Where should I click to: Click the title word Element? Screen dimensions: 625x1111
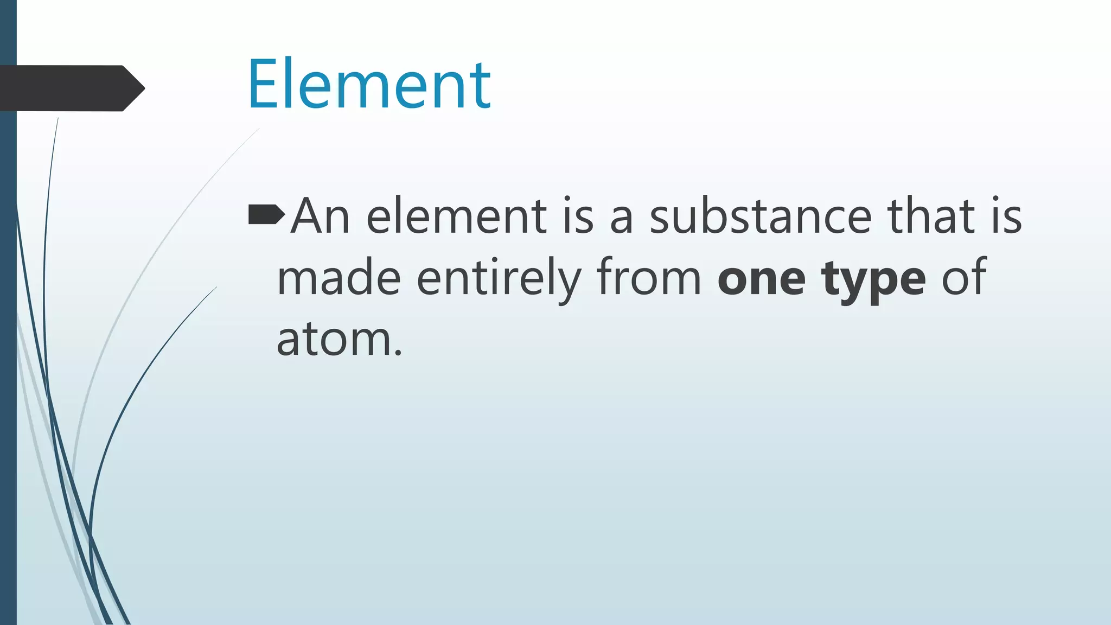369,85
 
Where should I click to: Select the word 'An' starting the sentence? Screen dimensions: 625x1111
320,216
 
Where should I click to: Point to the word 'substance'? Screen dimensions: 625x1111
760,216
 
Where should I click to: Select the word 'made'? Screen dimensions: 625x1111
339,278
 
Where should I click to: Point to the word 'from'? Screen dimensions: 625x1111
649,278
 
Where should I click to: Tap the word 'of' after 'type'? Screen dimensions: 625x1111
963,278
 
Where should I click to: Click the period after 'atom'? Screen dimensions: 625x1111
399,353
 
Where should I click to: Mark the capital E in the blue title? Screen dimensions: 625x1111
266,85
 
